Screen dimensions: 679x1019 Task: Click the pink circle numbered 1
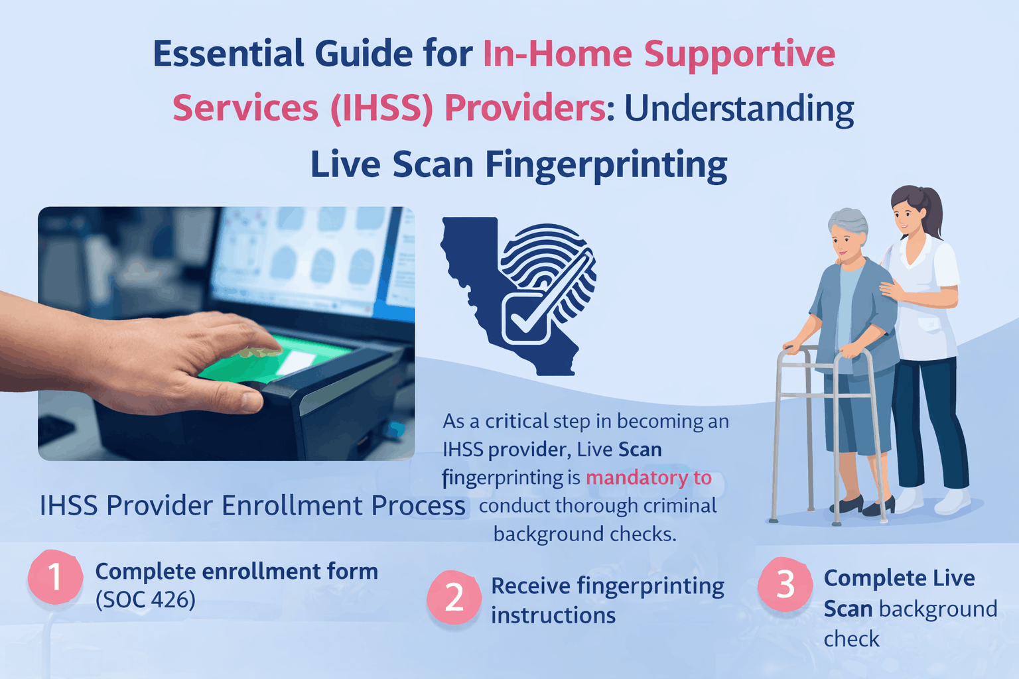coord(55,576)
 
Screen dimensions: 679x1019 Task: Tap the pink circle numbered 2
coord(454,597)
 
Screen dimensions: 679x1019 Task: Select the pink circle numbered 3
coord(785,584)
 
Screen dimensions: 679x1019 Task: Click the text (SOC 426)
coord(145,600)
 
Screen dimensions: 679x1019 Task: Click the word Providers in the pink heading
coord(524,108)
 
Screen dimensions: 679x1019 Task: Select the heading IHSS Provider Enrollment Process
coord(252,506)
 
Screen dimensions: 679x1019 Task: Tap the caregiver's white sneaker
coord(953,502)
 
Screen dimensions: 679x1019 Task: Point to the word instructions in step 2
coord(553,615)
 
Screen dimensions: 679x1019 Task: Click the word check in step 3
coord(851,639)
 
